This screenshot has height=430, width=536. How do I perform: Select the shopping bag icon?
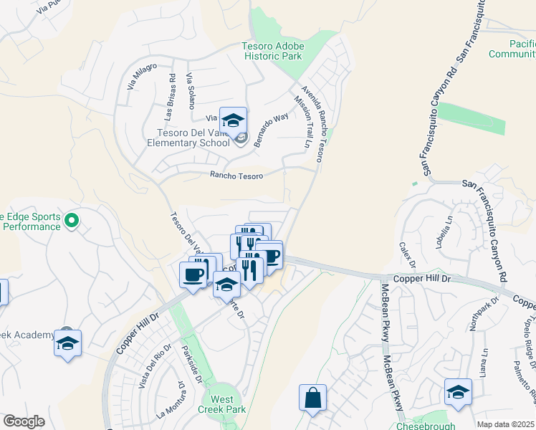313,398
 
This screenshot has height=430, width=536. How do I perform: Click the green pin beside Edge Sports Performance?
71,221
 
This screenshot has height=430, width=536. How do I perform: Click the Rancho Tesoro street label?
236,176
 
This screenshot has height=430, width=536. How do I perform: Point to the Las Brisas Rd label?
170,96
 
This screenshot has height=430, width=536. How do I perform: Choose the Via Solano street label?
191,90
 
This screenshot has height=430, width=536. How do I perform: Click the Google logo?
24,421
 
